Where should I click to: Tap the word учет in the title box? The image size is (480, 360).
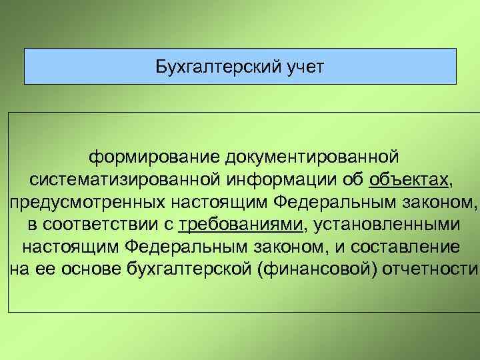[x=299, y=66]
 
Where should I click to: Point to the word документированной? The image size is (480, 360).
[x=312, y=157]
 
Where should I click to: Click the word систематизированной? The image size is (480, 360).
[x=125, y=179]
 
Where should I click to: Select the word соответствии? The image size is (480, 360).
[x=99, y=225]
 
